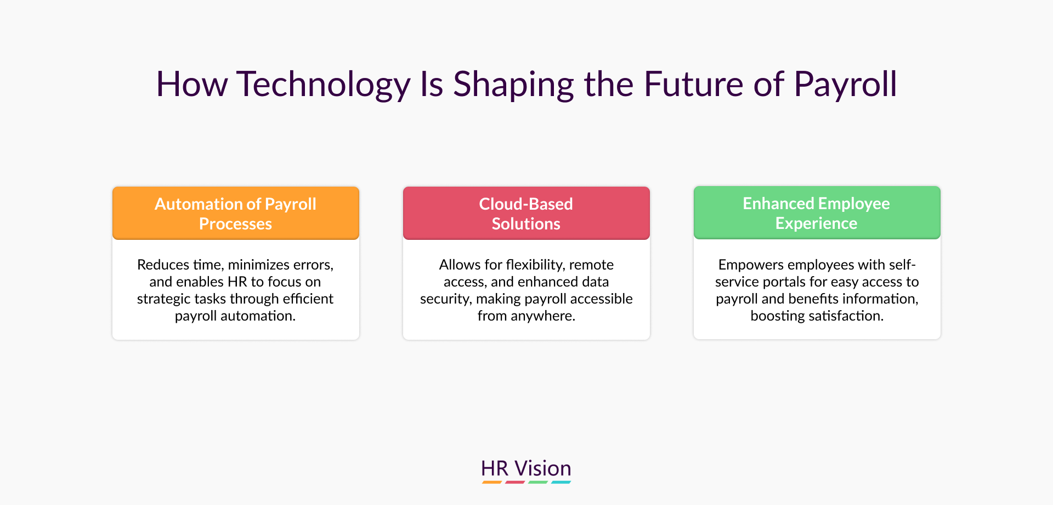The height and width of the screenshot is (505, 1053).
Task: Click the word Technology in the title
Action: click(324, 86)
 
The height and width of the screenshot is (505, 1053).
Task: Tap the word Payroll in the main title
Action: click(845, 86)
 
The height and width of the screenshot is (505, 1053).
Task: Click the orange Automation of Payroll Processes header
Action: click(236, 213)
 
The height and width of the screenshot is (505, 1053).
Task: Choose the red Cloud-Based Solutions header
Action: click(526, 213)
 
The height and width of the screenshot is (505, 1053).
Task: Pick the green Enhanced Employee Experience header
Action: click(817, 212)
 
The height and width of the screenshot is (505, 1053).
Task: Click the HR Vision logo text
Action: click(526, 468)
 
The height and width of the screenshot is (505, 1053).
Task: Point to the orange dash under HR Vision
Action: click(492, 482)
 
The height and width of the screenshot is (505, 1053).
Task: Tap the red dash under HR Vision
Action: click(515, 482)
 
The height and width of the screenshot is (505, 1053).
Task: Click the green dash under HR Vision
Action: click(538, 482)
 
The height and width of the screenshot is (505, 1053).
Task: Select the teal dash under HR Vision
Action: click(561, 482)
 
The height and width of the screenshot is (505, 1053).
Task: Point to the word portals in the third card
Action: click(784, 282)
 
